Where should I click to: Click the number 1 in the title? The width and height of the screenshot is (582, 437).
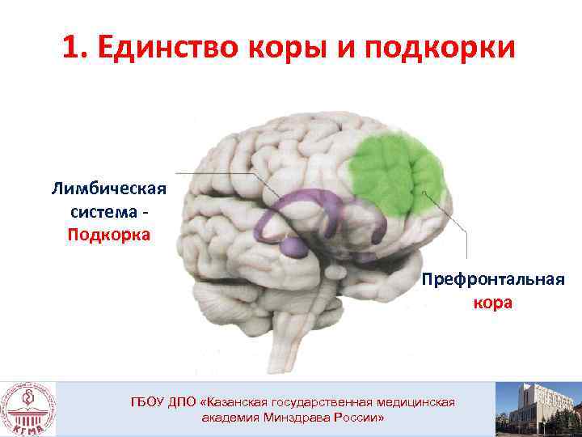pyautogui.click(x=72, y=48)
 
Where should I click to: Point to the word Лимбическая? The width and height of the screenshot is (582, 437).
pyautogui.click(x=108, y=189)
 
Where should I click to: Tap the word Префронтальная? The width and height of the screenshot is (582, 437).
pyautogui.click(x=492, y=282)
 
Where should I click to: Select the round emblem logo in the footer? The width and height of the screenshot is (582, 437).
pyautogui.click(x=28, y=409)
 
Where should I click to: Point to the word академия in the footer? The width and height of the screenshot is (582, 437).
pyautogui.click(x=230, y=418)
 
